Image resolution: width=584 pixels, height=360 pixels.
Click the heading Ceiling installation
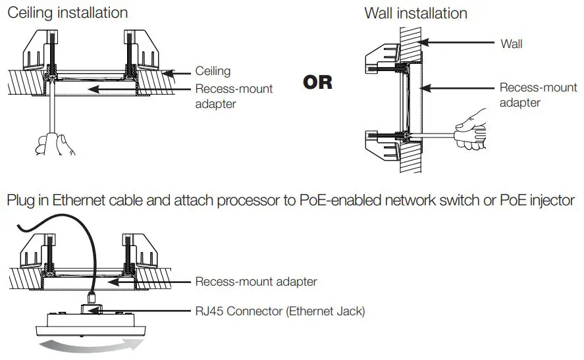(67, 13)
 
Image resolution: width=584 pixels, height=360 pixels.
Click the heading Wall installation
(415, 13)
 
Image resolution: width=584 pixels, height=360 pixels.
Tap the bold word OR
(317, 83)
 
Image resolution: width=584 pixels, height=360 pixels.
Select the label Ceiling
(213, 71)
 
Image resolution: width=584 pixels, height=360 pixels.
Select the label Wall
(511, 43)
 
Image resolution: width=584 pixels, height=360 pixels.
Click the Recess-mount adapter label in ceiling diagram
(234, 96)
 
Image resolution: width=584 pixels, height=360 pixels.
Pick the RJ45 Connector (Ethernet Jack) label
(280, 311)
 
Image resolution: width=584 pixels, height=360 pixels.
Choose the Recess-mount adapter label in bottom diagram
(256, 282)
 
